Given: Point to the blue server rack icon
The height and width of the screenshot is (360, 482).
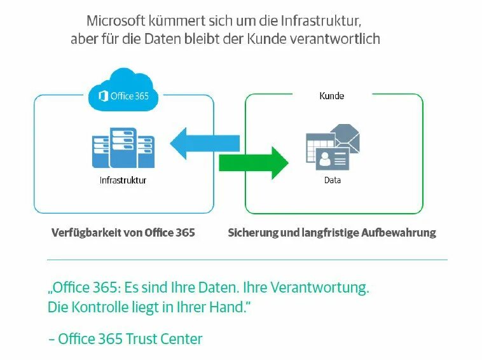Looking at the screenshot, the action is (123, 148).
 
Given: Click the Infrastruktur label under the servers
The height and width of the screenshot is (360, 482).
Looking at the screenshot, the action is (123, 181).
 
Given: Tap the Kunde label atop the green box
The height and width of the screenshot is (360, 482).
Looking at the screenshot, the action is (331, 96).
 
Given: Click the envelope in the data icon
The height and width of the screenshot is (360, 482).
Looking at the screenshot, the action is (344, 137).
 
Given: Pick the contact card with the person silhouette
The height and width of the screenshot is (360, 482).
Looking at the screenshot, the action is (333, 159).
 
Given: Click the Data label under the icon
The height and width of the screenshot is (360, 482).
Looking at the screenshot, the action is (332, 181).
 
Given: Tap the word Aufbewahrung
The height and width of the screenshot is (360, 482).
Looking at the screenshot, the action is (399, 233).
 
